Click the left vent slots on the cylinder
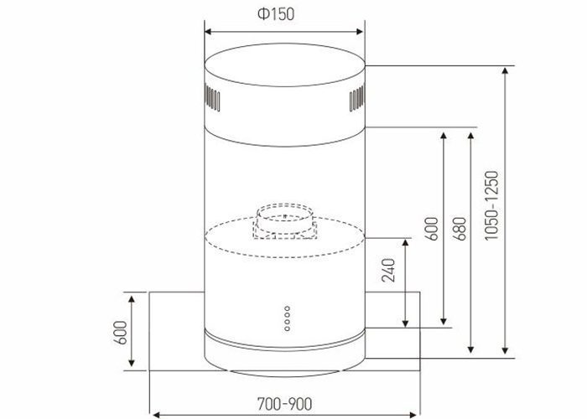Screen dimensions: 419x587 point(213,101)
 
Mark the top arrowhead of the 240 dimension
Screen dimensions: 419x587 point(406,242)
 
